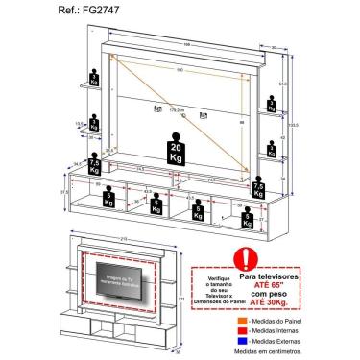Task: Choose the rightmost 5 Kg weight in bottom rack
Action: [248, 221]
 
